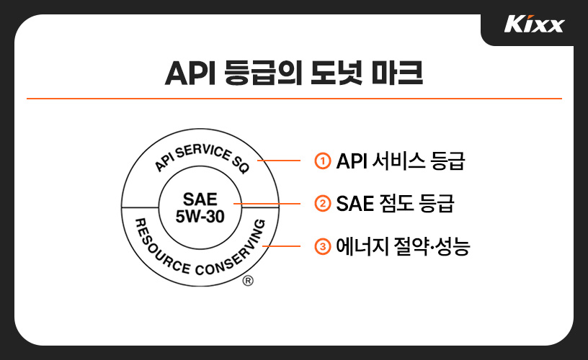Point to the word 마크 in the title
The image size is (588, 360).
point(397,73)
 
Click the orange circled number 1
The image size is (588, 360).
point(323,161)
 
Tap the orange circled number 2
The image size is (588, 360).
point(323,204)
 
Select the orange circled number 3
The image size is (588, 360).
point(323,247)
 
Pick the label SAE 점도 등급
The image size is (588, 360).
point(395,204)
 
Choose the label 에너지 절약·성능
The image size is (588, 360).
point(404,247)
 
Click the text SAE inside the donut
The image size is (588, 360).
point(200,199)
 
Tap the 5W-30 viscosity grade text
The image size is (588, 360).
point(200,215)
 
